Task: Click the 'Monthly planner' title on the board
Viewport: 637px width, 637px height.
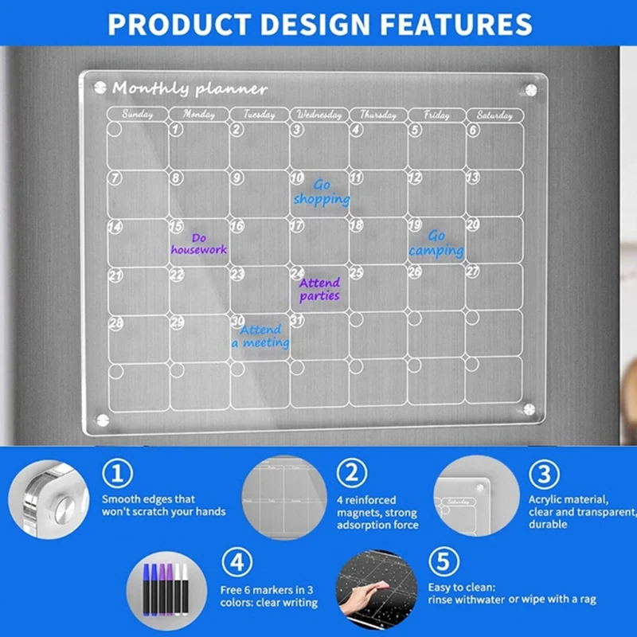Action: pyautogui.click(x=190, y=88)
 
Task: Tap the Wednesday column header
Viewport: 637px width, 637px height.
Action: pyautogui.click(x=318, y=115)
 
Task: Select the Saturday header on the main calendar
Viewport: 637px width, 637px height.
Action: pyautogui.click(x=494, y=115)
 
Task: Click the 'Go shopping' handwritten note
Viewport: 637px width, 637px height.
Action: pyautogui.click(x=322, y=192)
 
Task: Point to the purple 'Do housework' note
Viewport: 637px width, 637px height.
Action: pyautogui.click(x=198, y=244)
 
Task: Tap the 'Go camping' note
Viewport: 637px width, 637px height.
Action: pyautogui.click(x=436, y=244)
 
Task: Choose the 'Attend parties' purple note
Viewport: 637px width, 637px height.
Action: pyautogui.click(x=319, y=289)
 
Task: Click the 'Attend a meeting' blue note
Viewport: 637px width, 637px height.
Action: pyautogui.click(x=261, y=336)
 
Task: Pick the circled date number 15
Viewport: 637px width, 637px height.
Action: pyautogui.click(x=177, y=227)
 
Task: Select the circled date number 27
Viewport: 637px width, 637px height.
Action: pyautogui.click(x=473, y=272)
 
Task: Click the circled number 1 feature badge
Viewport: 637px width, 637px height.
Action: pyautogui.click(x=117, y=475)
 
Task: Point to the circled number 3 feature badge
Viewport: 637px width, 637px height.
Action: pyautogui.click(x=544, y=475)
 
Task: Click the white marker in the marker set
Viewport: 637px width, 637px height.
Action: pyautogui.click(x=183, y=585)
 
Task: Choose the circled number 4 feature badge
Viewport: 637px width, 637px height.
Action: pyautogui.click(x=236, y=563)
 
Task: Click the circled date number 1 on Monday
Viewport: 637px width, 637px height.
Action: pyautogui.click(x=177, y=129)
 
